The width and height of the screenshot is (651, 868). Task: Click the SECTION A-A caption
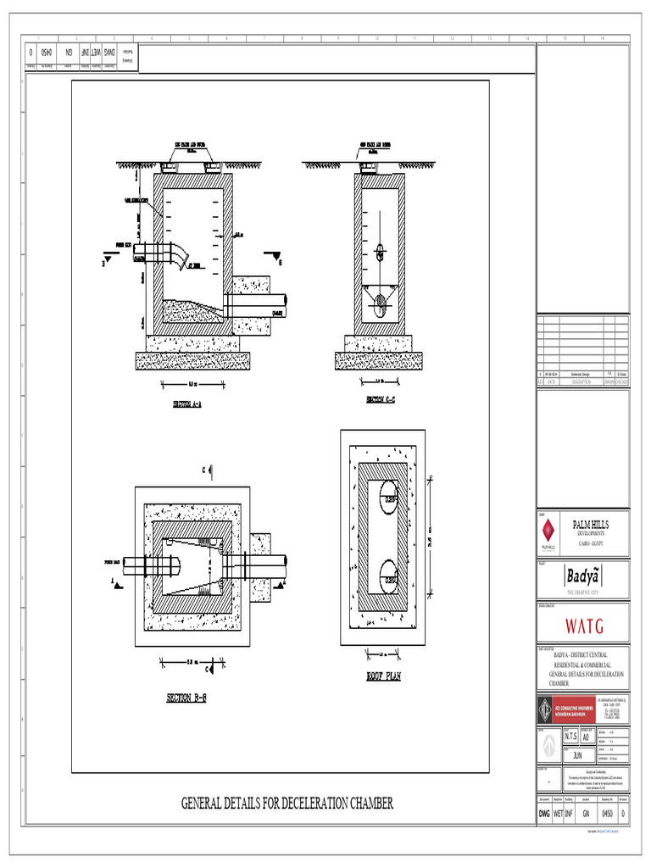pyautogui.click(x=190, y=403)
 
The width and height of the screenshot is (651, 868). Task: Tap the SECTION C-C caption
pyautogui.click(x=381, y=399)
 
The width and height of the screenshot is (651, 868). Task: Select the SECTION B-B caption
pyautogui.click(x=186, y=698)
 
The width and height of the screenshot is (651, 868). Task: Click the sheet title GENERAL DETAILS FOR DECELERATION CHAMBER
pyautogui.click(x=287, y=803)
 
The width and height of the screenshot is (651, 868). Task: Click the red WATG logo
pyautogui.click(x=584, y=627)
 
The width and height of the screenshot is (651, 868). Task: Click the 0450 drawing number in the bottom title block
pyautogui.click(x=607, y=814)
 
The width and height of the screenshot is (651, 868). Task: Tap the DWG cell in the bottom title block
pyautogui.click(x=544, y=814)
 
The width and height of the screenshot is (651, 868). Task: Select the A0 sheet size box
pyautogui.click(x=585, y=737)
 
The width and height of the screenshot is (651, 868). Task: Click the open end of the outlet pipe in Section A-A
pyautogui.click(x=286, y=301)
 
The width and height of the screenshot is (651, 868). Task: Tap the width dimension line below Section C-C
pyautogui.click(x=380, y=383)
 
